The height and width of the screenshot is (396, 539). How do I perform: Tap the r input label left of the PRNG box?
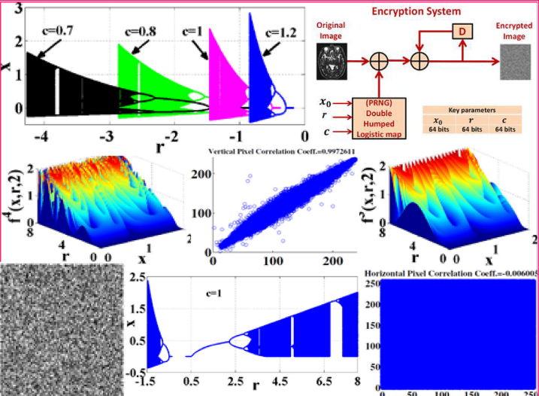click(x=324, y=117)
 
